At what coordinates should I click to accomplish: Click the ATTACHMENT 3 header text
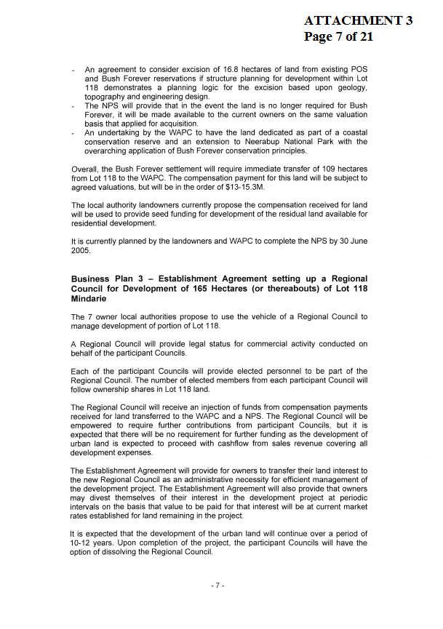358,20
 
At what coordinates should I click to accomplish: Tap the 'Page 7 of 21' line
338,36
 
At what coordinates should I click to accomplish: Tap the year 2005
81,251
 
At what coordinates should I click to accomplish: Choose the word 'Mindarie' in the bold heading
89,299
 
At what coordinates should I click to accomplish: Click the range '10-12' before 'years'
83,542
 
